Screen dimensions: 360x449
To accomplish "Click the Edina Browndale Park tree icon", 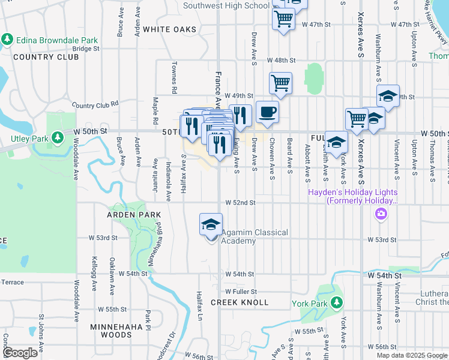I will click(x=7, y=40).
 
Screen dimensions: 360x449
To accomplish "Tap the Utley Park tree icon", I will click(x=58, y=139).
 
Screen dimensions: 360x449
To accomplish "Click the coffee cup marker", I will click(x=267, y=112).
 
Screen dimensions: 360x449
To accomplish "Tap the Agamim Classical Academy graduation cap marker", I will click(x=211, y=225).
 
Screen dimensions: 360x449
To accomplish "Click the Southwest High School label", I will click(x=226, y=6).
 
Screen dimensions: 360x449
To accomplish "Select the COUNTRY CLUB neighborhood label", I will click(x=46, y=57).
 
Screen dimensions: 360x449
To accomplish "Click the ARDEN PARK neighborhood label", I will click(x=134, y=215).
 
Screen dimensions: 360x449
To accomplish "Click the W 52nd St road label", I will click(x=240, y=203).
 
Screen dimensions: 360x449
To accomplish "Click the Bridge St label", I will click(x=85, y=49).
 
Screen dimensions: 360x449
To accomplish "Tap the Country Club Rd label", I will click(x=95, y=105).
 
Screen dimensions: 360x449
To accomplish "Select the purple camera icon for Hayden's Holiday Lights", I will click(x=381, y=214).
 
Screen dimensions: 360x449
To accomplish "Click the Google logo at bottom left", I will click(x=20, y=353).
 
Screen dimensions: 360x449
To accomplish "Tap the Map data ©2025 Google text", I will click(x=412, y=355).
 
